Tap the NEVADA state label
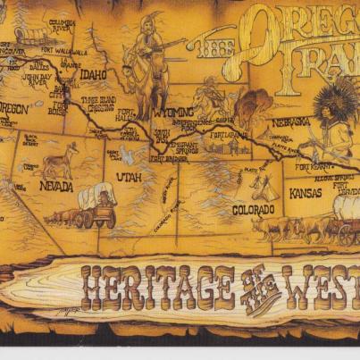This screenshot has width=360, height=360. tap(55, 187)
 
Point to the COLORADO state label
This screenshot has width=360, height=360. tap(229, 211)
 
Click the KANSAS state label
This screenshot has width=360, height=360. tap(305, 193)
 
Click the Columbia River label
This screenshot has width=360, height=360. tap(62, 25)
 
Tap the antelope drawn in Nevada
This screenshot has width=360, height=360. tap(62, 161)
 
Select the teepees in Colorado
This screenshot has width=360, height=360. tap(264, 188)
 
